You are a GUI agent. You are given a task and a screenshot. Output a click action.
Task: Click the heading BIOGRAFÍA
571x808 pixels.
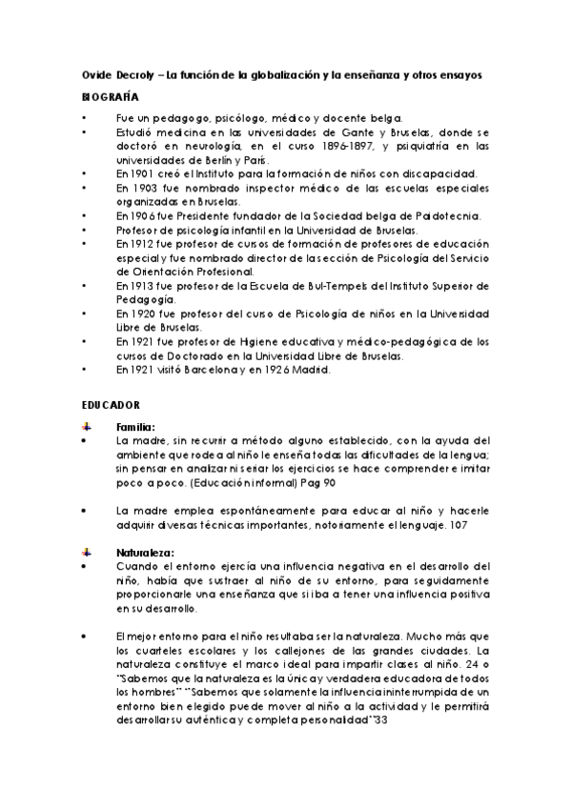pyautogui.click(x=110, y=97)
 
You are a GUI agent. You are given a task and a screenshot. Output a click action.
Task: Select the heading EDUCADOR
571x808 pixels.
pyautogui.click(x=111, y=404)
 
